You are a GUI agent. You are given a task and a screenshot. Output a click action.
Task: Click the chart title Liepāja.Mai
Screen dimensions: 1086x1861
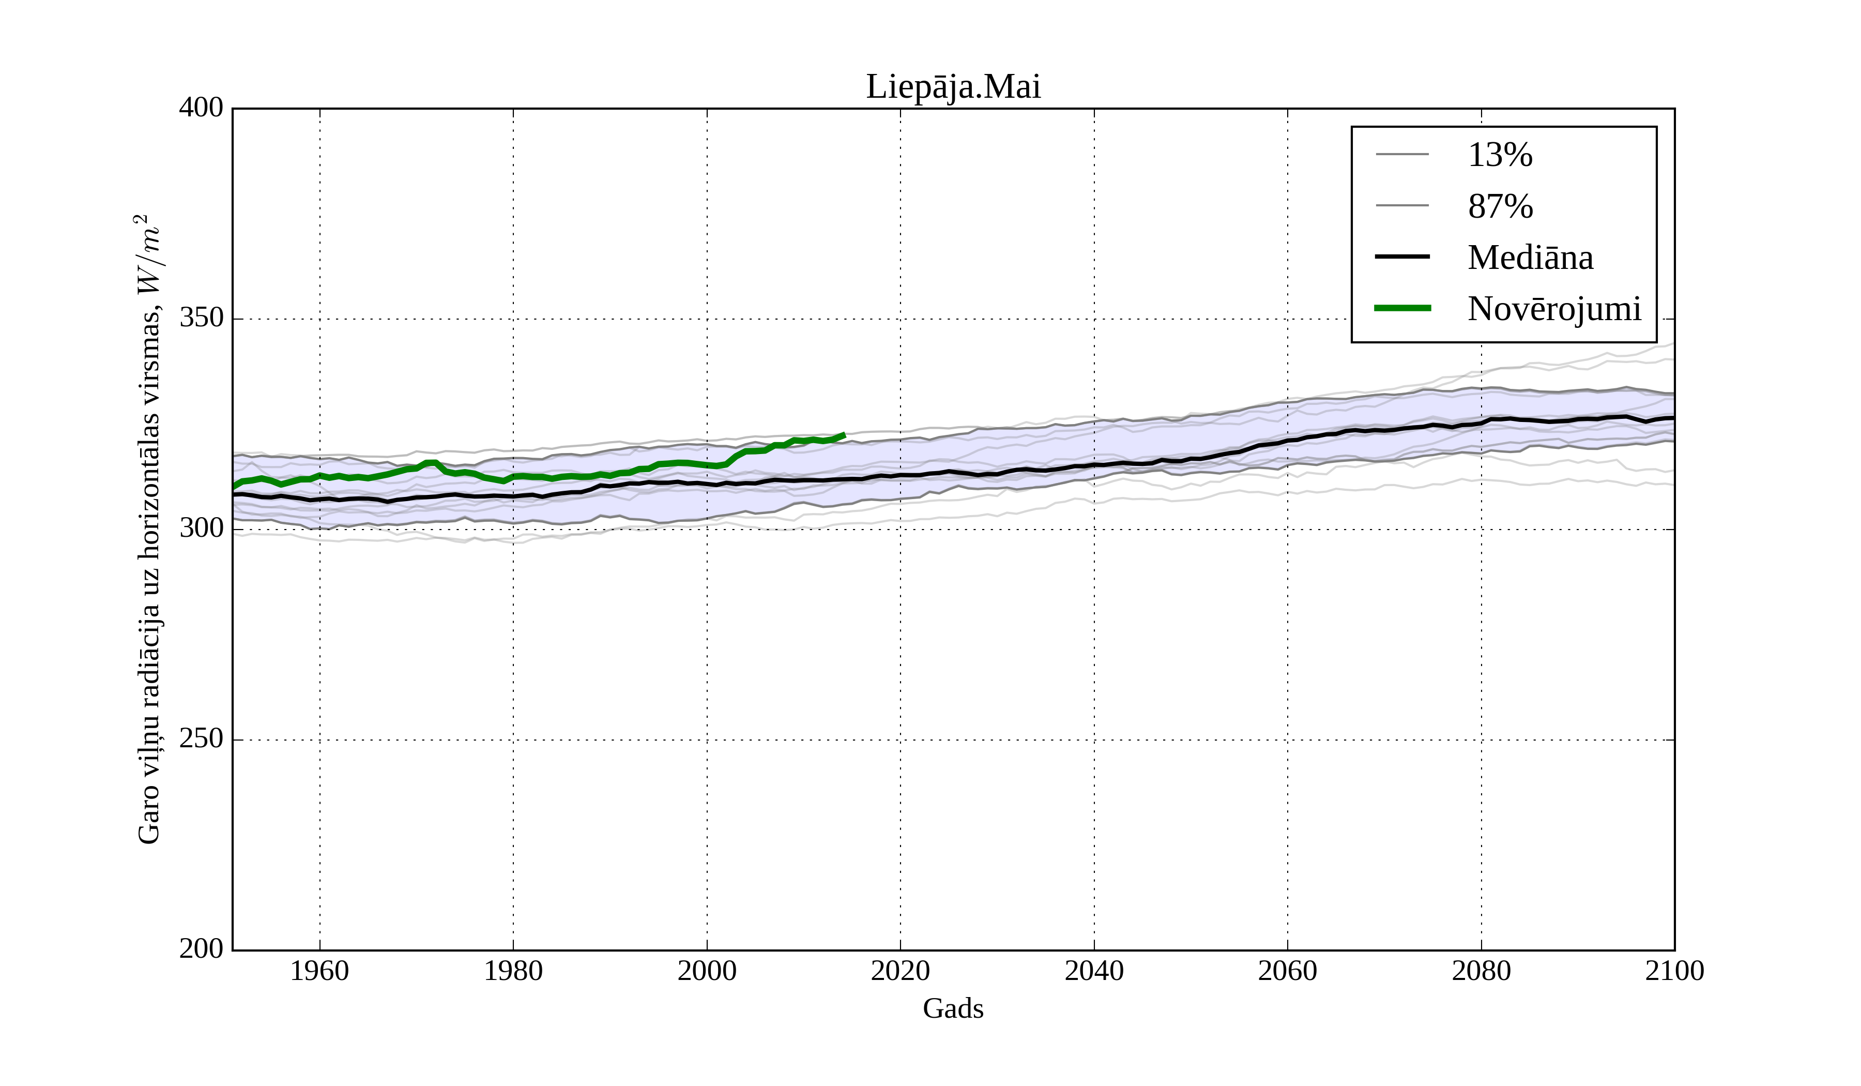coord(953,87)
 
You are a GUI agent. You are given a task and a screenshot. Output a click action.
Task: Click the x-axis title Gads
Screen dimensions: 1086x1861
coord(953,1008)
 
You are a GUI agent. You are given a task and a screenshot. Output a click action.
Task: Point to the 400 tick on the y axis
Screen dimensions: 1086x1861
coord(201,108)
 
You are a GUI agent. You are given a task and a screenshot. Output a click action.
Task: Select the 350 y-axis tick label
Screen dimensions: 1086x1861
coord(201,319)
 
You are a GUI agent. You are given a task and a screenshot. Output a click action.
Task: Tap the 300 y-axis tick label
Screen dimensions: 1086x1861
coord(201,529)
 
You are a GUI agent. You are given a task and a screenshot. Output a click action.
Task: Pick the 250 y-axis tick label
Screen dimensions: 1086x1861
coord(201,739)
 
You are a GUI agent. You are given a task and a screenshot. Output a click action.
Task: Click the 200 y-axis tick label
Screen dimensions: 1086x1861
coord(201,949)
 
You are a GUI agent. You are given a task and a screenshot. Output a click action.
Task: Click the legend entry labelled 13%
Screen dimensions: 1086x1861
coord(1500,155)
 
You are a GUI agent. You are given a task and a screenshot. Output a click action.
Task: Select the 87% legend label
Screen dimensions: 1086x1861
coord(1500,206)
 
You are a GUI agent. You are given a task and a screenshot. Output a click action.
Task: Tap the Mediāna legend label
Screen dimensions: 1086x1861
coord(1530,258)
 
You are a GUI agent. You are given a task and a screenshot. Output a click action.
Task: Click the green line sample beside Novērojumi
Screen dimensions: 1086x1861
coord(1401,308)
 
